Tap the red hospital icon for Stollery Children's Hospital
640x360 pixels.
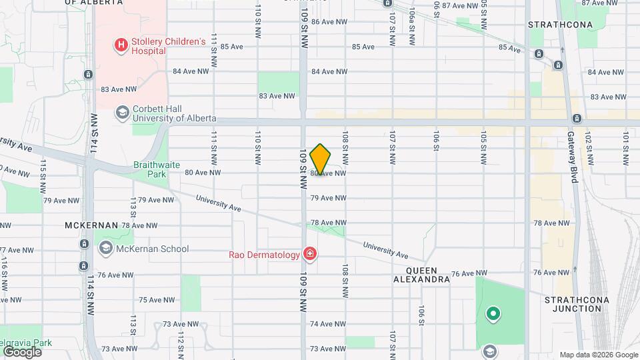point(121,45)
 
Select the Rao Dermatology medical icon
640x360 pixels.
point(309,253)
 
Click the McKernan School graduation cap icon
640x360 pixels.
point(105,249)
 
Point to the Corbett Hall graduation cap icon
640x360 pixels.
point(122,113)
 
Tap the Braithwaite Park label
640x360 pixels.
point(155,170)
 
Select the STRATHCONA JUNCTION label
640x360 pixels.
point(577,305)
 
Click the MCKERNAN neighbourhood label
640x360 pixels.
point(91,225)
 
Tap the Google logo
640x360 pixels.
point(22,351)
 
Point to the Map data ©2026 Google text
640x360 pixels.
point(597,355)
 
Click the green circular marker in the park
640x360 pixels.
point(493,313)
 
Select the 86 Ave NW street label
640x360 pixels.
point(329,22)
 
